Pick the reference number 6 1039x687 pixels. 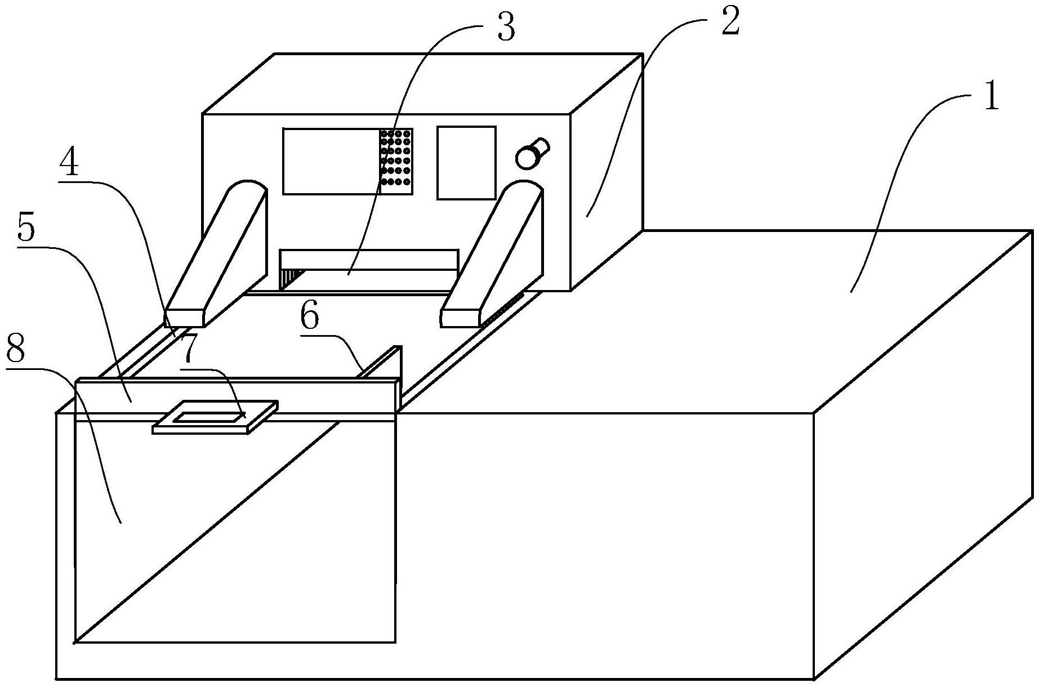(x=310, y=318)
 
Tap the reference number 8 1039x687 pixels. (x=15, y=350)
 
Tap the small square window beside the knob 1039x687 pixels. (x=466, y=162)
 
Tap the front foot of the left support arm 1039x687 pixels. (x=184, y=318)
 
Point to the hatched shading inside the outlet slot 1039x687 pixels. (x=291, y=278)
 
